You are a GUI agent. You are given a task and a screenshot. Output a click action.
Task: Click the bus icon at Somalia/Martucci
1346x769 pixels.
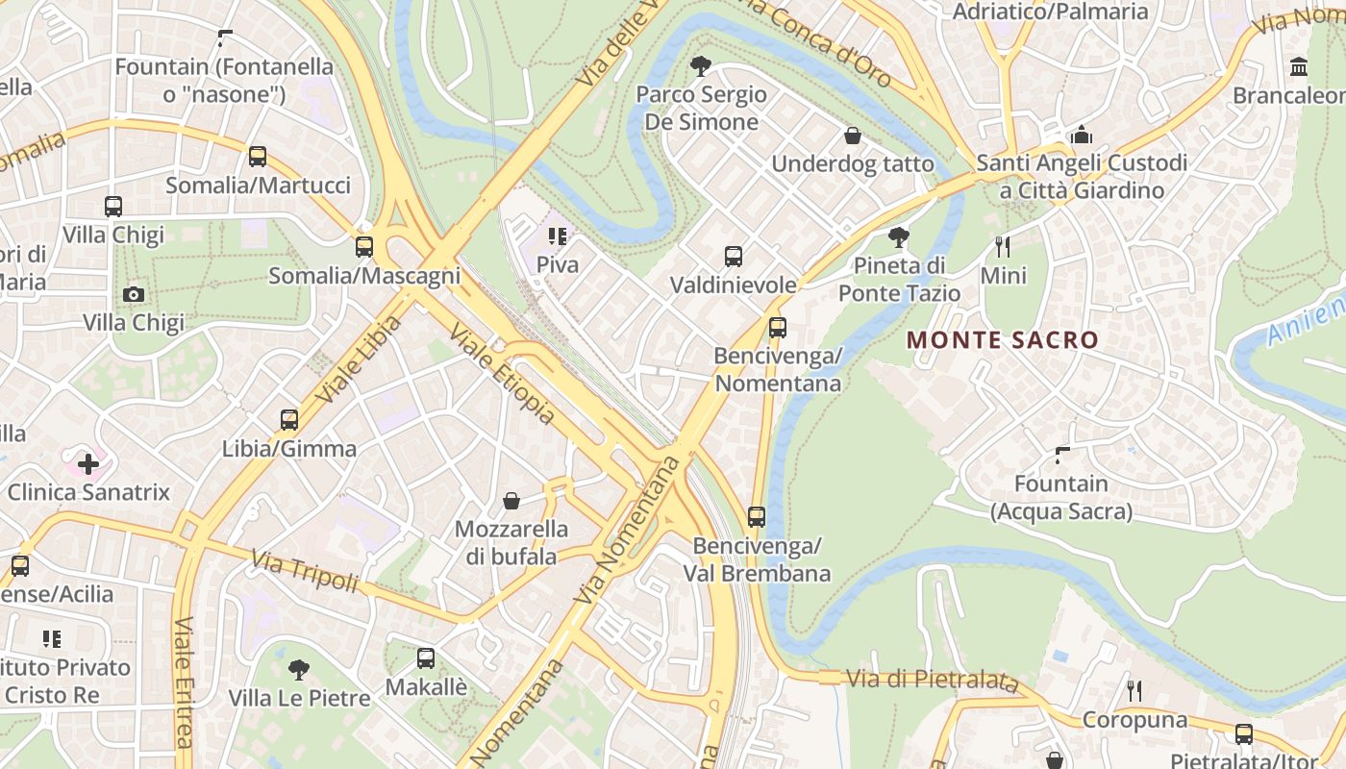pos(257,157)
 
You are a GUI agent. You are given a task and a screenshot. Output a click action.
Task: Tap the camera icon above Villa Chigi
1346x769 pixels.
pos(134,294)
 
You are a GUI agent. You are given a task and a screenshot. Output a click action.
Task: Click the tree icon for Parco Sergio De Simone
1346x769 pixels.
pos(701,66)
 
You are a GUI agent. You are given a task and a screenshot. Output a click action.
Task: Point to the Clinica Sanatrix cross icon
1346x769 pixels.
pos(88,465)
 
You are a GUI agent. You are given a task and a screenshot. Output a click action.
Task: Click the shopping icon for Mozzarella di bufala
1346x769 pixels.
pos(511,501)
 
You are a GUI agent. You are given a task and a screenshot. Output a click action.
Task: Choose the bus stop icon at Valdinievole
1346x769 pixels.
pos(734,257)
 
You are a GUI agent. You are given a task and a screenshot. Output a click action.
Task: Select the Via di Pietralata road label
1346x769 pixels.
pos(932,680)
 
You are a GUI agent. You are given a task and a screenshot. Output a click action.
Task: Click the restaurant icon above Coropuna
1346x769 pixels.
pos(1134,690)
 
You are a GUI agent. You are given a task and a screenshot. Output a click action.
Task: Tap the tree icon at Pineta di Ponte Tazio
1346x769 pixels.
pos(899,236)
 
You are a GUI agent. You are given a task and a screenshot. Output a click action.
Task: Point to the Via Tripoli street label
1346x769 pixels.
pos(305,571)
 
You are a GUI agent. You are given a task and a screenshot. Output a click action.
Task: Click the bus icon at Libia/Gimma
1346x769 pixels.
pos(289,420)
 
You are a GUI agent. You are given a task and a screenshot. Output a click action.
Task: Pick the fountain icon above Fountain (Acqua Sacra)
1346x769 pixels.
pos(1062,455)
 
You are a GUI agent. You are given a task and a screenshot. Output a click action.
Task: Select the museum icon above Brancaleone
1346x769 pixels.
pos(1300,67)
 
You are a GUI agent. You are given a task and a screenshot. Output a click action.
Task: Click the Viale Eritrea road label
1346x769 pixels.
pos(184,681)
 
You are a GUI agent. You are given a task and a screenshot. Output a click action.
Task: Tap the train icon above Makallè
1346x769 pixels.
pos(426,658)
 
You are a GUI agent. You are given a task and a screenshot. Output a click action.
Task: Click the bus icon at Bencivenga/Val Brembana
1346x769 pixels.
pos(757,517)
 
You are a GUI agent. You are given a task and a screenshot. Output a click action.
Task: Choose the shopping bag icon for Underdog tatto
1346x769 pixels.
pos(852,136)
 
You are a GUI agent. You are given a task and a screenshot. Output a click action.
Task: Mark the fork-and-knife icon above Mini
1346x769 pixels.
pos(1003,247)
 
